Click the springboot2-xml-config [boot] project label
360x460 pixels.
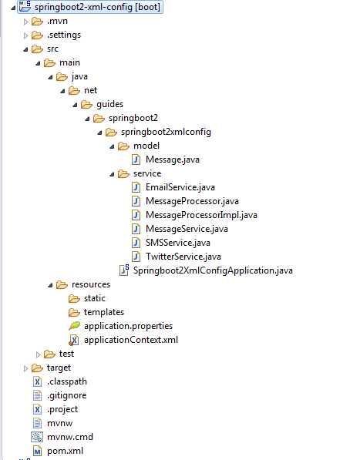97,7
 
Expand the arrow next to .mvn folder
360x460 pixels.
25,22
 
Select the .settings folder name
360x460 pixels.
64,35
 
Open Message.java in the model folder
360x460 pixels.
173,159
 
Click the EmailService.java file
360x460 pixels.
180,187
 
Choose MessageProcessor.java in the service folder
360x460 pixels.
192,201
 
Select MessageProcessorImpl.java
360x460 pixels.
201,215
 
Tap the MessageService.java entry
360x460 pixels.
187,229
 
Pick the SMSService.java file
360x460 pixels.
178,243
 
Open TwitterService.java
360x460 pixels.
183,257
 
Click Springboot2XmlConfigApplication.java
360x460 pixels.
213,270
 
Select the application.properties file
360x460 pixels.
128,326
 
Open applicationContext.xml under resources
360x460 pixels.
131,340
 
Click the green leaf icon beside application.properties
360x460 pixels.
74,326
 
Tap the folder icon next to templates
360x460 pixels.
74,312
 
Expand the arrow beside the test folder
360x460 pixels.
38,354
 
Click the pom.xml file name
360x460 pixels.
65,451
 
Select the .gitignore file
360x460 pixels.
67,395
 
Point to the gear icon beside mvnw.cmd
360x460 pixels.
37,437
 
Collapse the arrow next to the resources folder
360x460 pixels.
50,285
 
